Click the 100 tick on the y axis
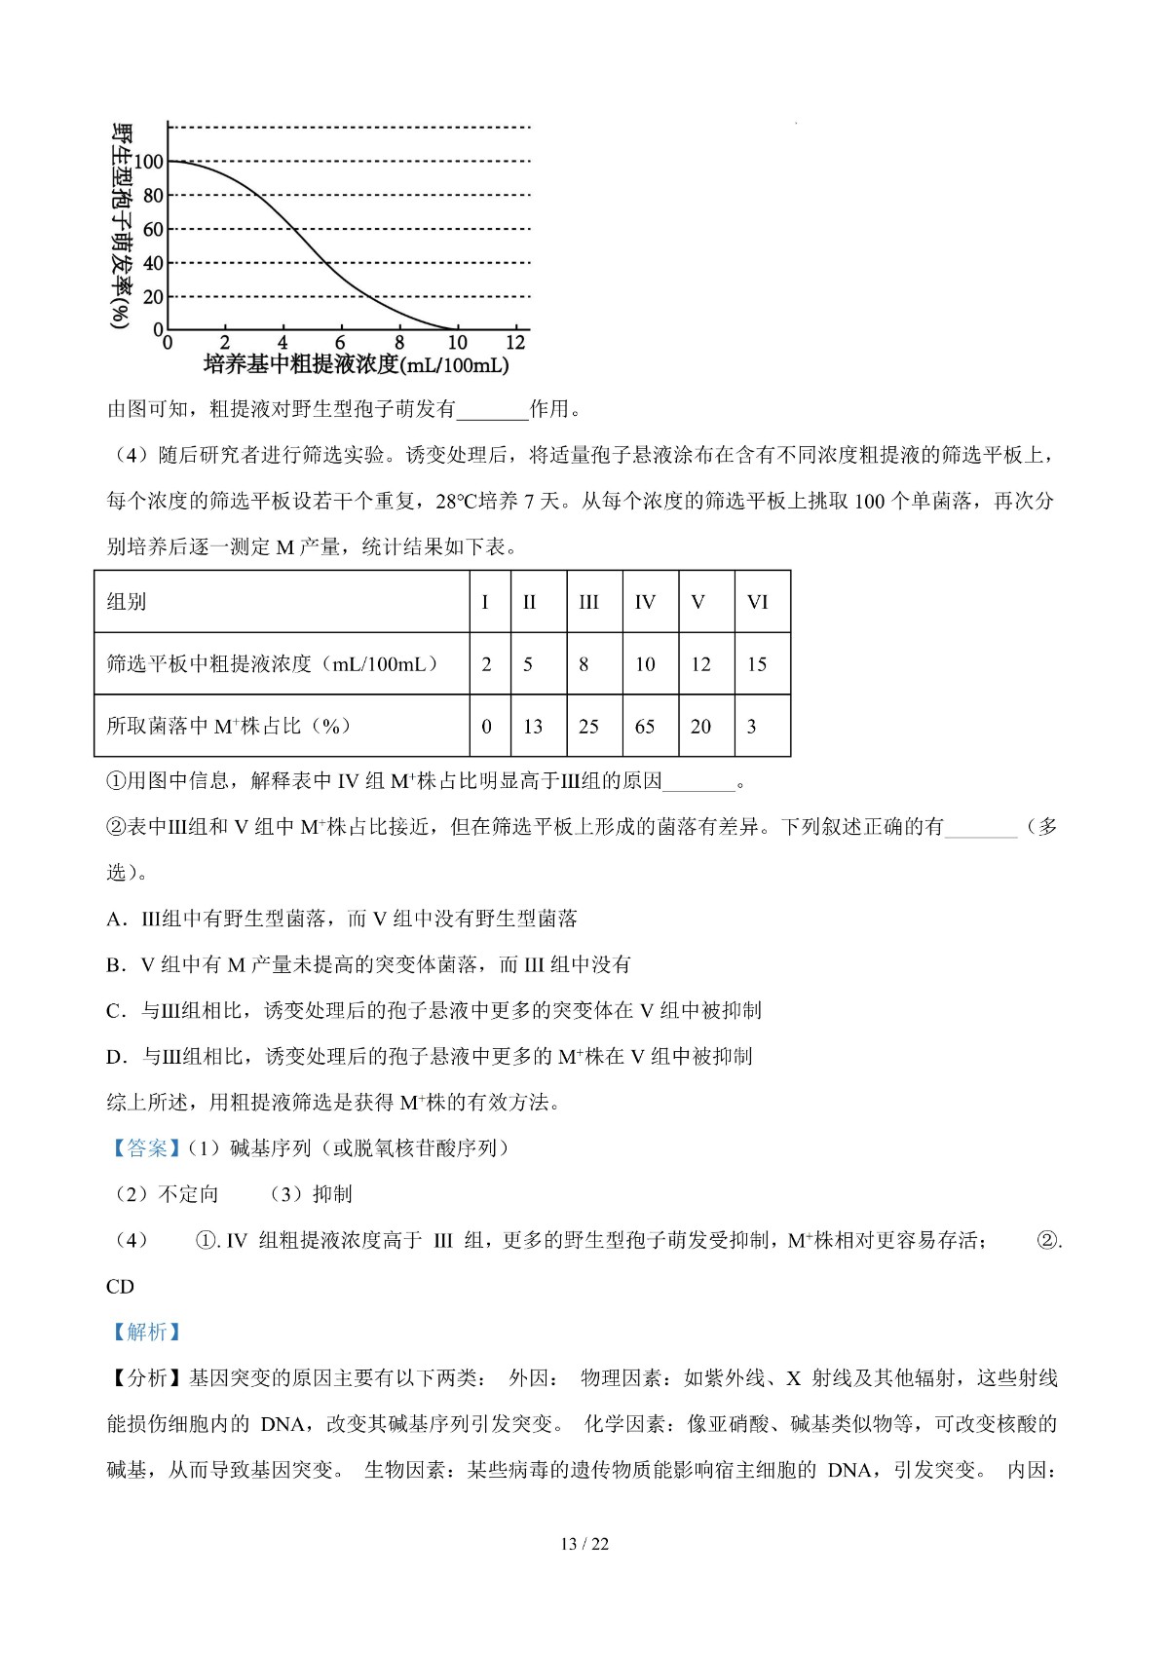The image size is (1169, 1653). click(x=149, y=162)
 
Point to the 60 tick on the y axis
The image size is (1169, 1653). click(x=153, y=230)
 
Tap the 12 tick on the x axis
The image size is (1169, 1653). click(x=515, y=343)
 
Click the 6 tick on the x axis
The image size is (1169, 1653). click(x=340, y=343)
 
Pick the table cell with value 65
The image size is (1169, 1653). click(x=645, y=727)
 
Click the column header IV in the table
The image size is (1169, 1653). click(x=645, y=602)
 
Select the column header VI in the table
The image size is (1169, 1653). click(x=757, y=602)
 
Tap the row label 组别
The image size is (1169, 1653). click(x=127, y=602)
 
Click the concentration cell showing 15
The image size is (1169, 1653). click(x=757, y=664)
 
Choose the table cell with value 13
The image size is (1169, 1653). click(x=533, y=727)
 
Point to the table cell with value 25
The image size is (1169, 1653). click(x=588, y=727)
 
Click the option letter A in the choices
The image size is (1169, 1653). click(x=113, y=919)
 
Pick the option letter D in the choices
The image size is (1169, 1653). click(x=114, y=1057)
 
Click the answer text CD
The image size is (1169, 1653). click(x=120, y=1287)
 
